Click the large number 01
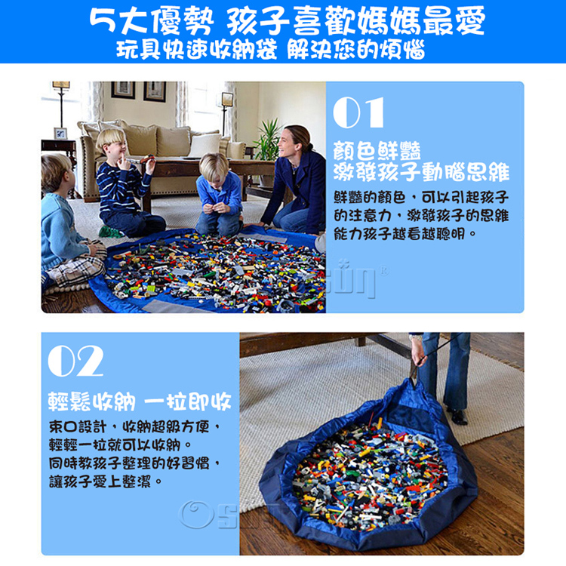pos(358,112)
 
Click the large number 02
pos(75,361)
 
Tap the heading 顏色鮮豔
pos(377,151)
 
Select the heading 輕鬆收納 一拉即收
pos(140,401)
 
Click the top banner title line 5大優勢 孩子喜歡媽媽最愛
pos(287,20)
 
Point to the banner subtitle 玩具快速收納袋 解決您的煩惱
pos(271,50)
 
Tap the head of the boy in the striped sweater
pos(111,142)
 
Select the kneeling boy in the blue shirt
pos(219,196)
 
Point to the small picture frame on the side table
pos(60,134)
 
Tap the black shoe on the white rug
pos(457,416)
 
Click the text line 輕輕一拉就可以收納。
pos(121,445)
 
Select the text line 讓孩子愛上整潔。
pos(106,481)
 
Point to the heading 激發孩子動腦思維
pos(421,172)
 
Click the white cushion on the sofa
pos(205,145)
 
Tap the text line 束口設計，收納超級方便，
pos(134,427)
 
